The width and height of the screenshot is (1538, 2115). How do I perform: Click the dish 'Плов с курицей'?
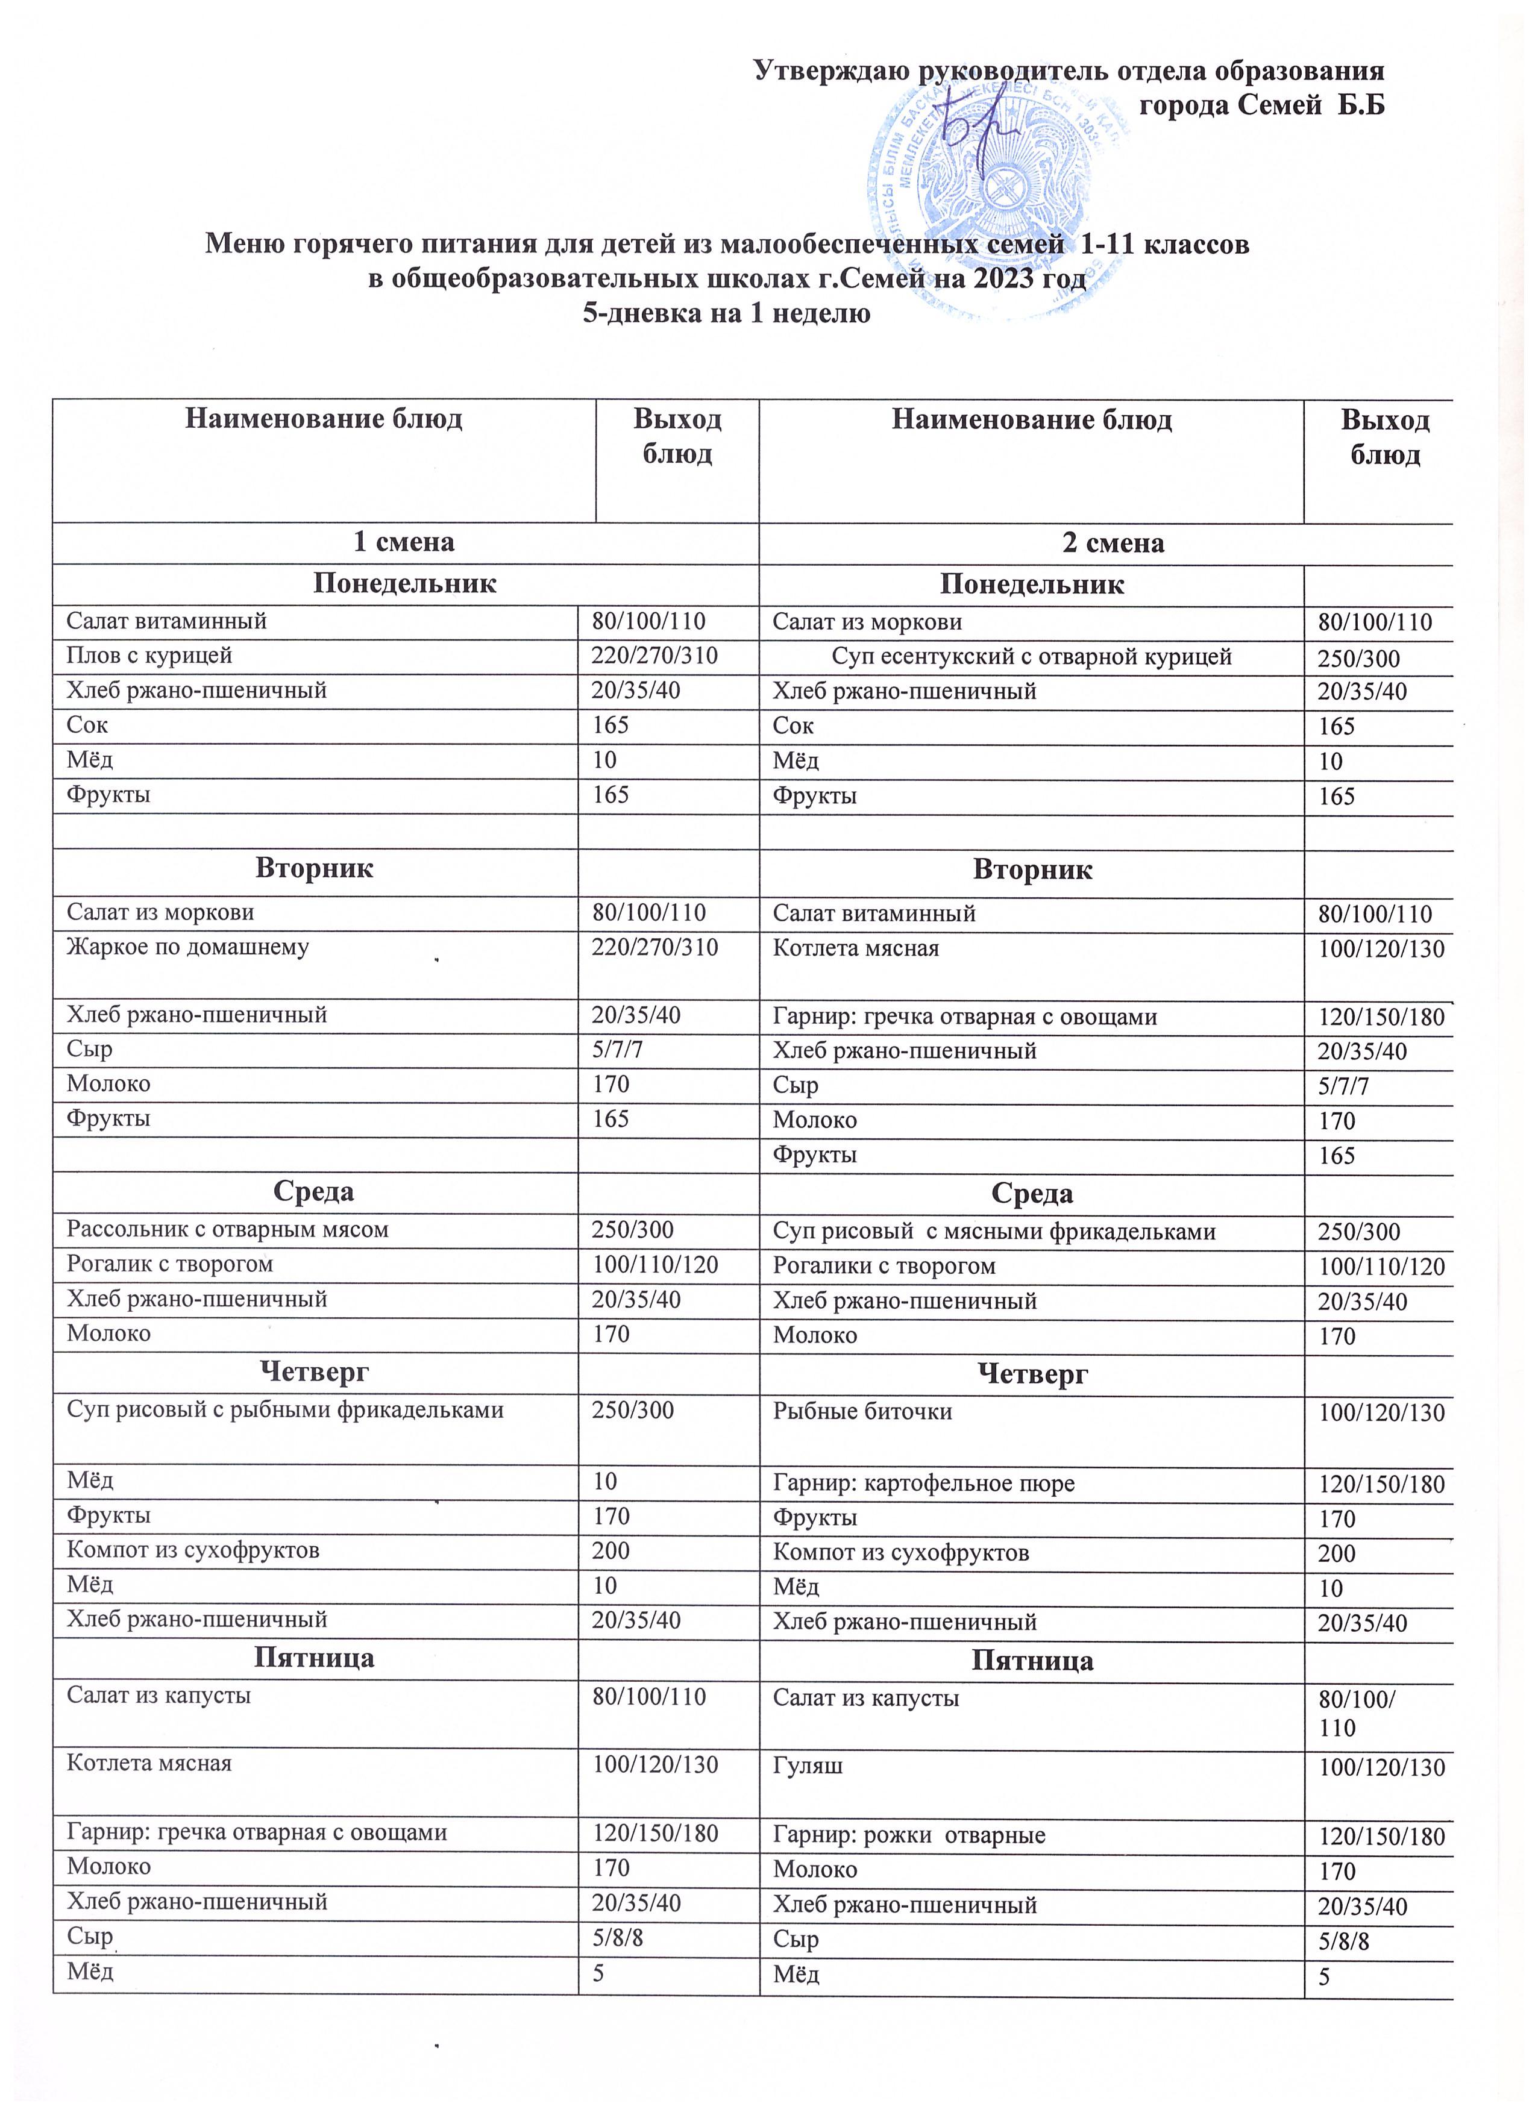(149, 656)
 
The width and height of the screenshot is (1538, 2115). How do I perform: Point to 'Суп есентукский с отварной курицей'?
(1032, 657)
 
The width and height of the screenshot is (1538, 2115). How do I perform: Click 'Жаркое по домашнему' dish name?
(187, 947)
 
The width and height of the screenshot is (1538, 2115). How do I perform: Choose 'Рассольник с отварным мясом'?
(228, 1230)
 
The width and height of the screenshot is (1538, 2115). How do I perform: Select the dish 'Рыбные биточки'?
(863, 1412)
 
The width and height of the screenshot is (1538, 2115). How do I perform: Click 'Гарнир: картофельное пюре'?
(923, 1484)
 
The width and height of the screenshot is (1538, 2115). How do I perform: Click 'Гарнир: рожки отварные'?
(909, 1836)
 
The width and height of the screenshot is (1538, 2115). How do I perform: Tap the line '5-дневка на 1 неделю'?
(727, 313)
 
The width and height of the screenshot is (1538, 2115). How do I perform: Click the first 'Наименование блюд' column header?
(324, 419)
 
